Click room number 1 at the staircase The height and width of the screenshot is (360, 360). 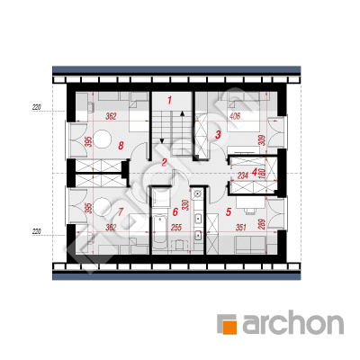click(x=169, y=100)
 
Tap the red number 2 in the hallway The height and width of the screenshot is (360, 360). click(x=164, y=163)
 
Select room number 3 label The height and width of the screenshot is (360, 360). click(x=218, y=134)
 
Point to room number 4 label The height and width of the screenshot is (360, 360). click(x=255, y=172)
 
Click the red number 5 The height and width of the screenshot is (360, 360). click(x=229, y=211)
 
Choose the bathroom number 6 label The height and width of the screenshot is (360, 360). click(x=175, y=211)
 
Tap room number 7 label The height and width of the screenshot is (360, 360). click(x=121, y=211)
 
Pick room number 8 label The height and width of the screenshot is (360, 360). click(x=121, y=146)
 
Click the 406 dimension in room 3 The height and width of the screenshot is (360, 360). click(x=235, y=116)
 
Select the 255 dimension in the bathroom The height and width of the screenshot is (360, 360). click(x=176, y=228)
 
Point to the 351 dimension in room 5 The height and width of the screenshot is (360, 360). click(x=240, y=228)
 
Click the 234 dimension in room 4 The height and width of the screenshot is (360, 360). click(x=243, y=175)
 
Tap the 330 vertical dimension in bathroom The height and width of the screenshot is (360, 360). click(x=186, y=205)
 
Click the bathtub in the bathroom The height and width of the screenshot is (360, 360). click(x=160, y=232)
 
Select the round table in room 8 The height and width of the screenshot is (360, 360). click(x=103, y=139)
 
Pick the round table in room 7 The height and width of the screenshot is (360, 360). click(x=103, y=206)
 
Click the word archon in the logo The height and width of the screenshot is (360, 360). click(x=292, y=324)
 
